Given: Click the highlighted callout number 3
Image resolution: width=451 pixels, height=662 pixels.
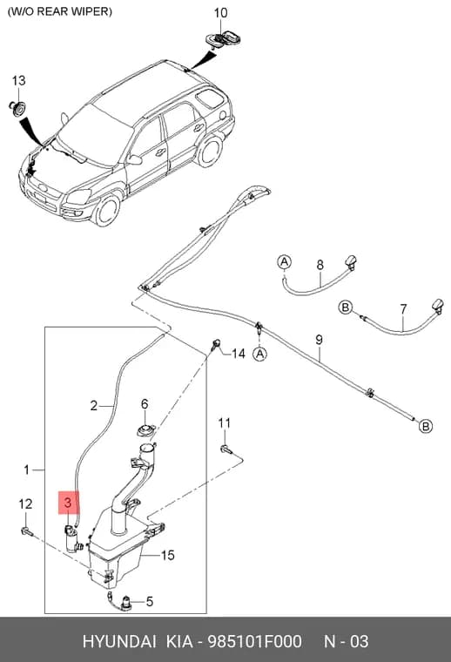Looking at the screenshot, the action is point(68,503).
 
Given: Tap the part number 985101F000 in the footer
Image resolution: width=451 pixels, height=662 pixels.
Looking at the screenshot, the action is point(254,641).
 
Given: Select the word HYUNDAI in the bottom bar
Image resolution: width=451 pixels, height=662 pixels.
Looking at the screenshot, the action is point(119,641).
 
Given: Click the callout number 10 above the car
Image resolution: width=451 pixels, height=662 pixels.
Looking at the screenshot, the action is point(220,13).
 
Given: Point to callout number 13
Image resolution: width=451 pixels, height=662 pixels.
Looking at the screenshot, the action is point(18,80).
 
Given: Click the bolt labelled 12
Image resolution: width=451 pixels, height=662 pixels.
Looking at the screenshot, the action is point(27,530).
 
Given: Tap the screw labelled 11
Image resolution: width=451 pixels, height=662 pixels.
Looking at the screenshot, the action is point(225,449).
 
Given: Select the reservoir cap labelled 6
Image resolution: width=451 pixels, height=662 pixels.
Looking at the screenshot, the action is point(145,431).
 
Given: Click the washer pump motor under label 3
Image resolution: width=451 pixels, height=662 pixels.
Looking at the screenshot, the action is point(72,539).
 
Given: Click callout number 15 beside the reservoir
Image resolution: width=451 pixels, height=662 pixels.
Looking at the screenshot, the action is point(167,555).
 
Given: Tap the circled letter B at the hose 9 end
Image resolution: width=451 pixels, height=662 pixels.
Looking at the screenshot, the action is point(425,426).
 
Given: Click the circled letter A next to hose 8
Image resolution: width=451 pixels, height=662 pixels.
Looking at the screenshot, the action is point(285,262).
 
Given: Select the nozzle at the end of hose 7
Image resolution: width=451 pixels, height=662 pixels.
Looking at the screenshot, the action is point(437,306).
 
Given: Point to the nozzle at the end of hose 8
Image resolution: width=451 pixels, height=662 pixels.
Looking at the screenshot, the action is point(351,262).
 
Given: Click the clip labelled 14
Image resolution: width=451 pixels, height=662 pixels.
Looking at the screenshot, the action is point(216,344).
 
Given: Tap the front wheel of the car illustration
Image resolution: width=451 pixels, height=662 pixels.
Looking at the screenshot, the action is point(106,210).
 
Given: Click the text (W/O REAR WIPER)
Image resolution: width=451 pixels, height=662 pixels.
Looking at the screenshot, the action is point(60,11).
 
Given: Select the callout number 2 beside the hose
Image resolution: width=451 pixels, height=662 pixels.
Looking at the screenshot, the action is point(94,406).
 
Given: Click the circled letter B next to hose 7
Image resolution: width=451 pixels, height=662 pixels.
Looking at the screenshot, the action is point(346,307).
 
